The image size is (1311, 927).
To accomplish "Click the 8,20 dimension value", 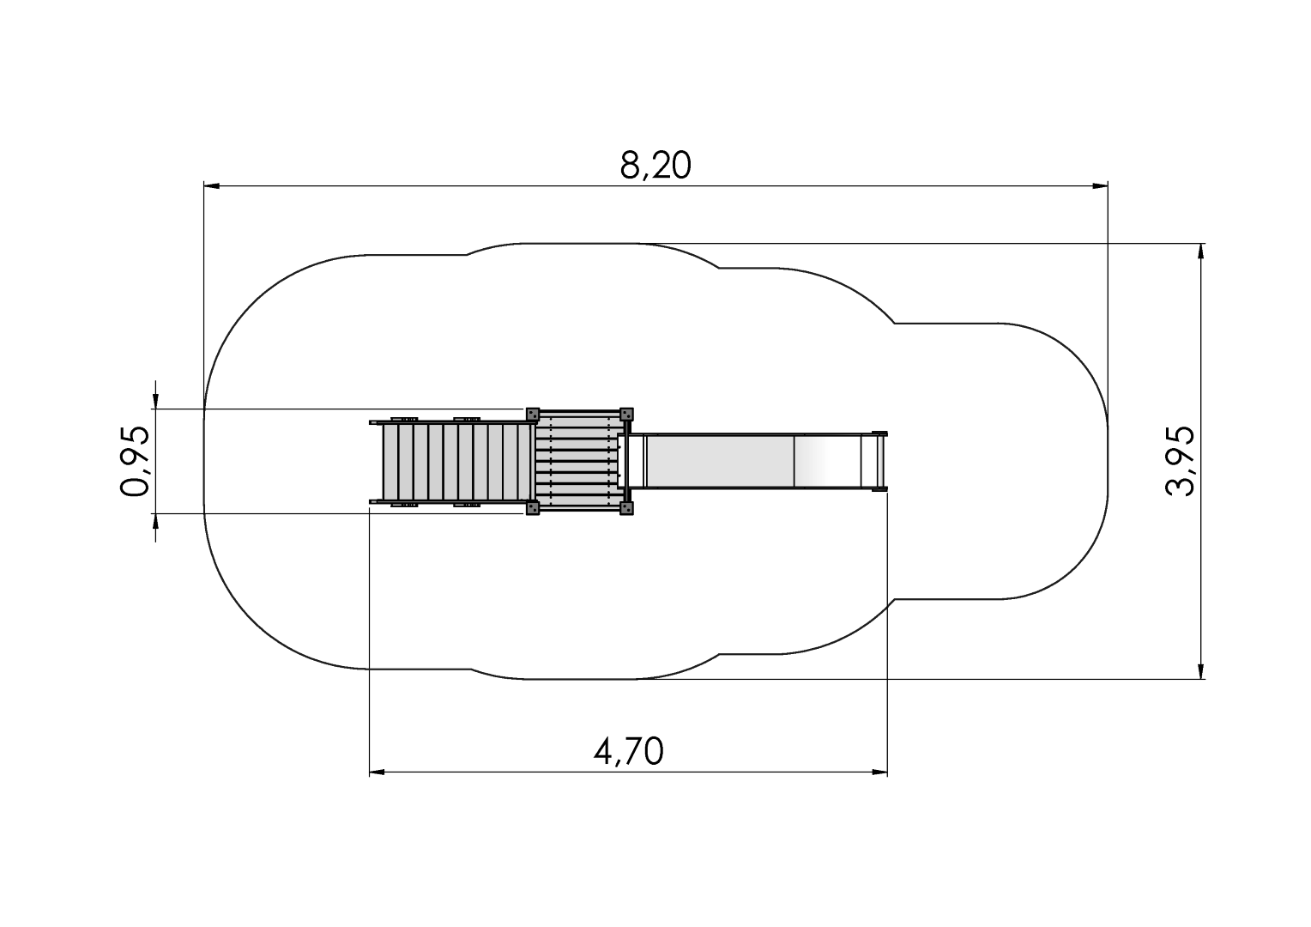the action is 655,166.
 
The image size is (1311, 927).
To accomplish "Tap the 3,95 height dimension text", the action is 1180,462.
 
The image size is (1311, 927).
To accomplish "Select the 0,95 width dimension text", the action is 135,462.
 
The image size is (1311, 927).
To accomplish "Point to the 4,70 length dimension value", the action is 629,751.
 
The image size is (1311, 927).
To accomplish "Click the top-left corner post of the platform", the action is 532,414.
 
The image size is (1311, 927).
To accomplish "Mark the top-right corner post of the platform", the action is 626,414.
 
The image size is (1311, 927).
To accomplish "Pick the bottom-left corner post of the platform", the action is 532,508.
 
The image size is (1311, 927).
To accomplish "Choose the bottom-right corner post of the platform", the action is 626,508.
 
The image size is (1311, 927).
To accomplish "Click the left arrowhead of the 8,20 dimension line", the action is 211,186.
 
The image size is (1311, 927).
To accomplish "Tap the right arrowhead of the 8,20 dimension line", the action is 1100,186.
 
